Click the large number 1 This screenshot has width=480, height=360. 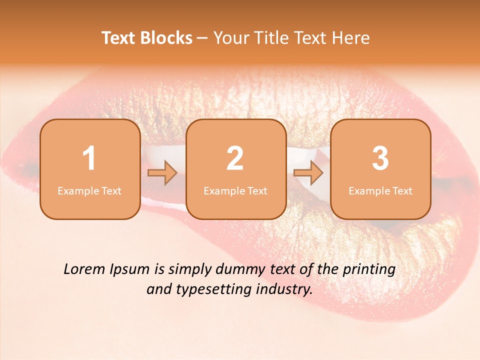(89, 158)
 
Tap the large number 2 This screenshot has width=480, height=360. (235, 158)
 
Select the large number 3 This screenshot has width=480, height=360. (380, 158)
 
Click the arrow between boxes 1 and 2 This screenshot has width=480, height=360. (162, 173)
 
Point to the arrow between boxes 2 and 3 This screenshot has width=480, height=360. (308, 173)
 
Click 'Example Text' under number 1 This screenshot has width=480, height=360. (89, 191)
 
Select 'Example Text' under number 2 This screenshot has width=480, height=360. (235, 191)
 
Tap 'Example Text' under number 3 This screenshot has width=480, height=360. (380, 191)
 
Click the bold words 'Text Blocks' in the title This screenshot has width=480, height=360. (147, 38)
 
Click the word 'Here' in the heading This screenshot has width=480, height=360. (352, 38)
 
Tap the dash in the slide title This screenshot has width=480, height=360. (203, 38)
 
